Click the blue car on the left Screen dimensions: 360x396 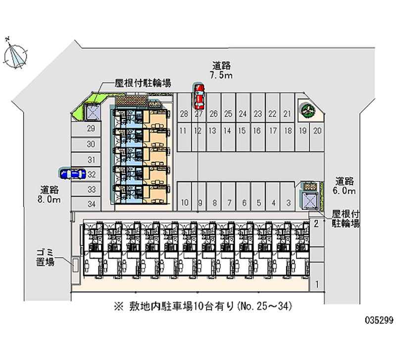pos(72,173)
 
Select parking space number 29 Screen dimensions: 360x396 pos(91,129)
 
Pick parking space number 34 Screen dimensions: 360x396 pos(91,204)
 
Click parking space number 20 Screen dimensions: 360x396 pos(318,131)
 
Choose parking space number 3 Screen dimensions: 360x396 pos(288,202)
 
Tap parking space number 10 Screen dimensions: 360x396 pos(184,202)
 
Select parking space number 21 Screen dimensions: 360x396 pos(287,114)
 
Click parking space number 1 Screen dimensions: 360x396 pos(316,284)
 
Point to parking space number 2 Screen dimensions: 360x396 pos(316,224)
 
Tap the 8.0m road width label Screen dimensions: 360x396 pos(50,195)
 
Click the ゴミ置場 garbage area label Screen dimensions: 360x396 pos(45,257)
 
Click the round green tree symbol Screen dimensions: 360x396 pos(305,109)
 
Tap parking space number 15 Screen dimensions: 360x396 pos(242,131)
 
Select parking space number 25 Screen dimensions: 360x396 pos(228,114)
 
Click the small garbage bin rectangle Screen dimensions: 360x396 pos(76,263)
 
